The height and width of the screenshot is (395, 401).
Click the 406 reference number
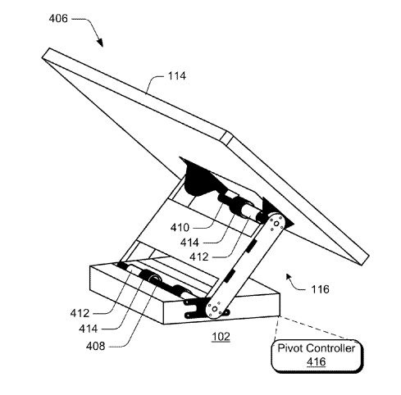58,19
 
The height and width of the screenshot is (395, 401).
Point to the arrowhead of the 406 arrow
100,43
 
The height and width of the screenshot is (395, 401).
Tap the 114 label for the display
177,76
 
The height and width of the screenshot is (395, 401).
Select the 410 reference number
180,227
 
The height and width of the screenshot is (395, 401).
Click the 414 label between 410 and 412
189,243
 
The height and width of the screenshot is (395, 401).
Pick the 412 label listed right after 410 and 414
199,257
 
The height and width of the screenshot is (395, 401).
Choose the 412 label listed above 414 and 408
80,313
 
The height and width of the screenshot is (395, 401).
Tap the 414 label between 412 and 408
88,329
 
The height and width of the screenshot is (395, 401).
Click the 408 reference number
95,346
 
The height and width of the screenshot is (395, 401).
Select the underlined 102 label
221,337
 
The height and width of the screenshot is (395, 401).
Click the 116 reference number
320,289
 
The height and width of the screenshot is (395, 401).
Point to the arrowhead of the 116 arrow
289,277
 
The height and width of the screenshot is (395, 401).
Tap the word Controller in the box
330,348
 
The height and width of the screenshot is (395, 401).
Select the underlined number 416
317,362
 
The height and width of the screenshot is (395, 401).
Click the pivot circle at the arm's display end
276,224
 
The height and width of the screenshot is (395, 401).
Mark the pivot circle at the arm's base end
215,309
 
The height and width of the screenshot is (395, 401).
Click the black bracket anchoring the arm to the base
194,308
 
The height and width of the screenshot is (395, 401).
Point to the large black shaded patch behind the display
198,178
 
